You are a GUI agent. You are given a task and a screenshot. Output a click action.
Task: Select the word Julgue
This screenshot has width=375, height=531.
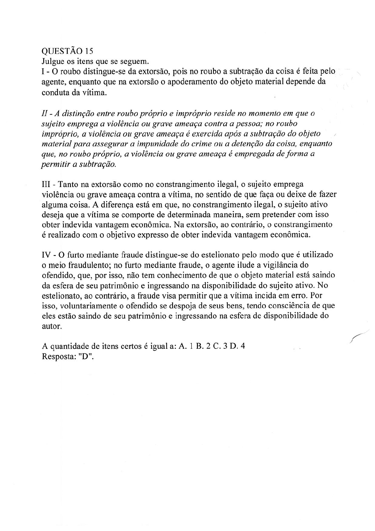(52, 61)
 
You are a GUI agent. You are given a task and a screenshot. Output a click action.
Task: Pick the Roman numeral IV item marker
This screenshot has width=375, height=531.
(46, 255)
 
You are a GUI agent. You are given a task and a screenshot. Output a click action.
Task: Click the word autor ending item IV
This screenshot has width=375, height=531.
(51, 326)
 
